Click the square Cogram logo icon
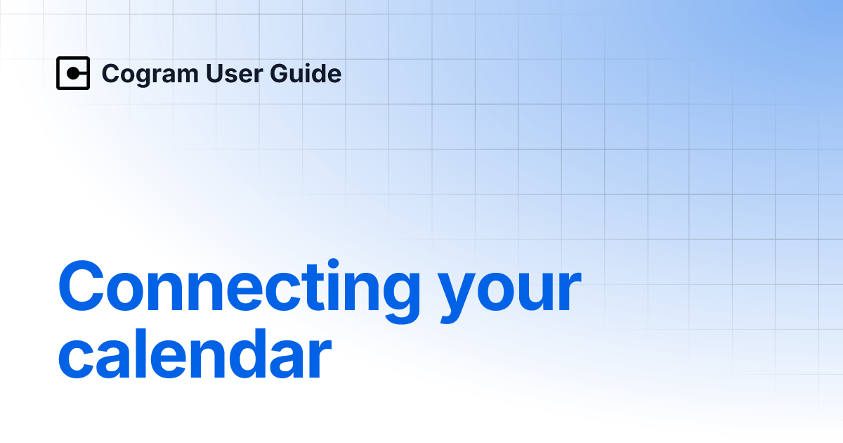tap(73, 73)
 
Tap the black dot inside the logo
tap(73, 73)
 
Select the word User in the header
tap(235, 73)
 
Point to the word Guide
tap(306, 73)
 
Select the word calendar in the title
tap(195, 354)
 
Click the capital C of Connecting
tap(81, 286)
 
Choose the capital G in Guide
tap(282, 73)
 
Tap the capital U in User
tap(215, 73)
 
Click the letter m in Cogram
tap(185, 76)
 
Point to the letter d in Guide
tap(319, 73)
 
